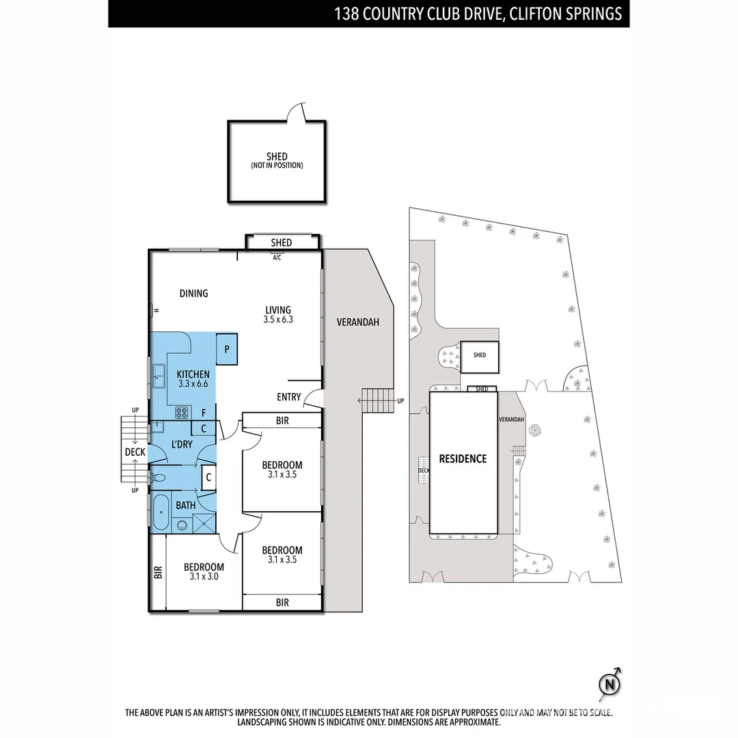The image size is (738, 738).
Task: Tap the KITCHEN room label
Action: click(193, 379)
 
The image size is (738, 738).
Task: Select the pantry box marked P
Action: click(226, 348)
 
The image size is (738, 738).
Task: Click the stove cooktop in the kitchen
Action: click(182, 412)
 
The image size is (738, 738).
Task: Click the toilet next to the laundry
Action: click(159, 478)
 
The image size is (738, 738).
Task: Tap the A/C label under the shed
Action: click(277, 258)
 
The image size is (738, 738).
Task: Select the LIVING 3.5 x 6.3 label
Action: click(277, 314)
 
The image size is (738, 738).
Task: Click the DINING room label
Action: click(193, 293)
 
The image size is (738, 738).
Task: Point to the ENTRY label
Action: click(288, 397)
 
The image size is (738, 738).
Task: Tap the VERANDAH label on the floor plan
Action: click(357, 322)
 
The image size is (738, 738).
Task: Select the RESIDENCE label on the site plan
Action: click(463, 459)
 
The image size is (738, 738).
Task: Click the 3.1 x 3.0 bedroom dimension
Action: click(203, 577)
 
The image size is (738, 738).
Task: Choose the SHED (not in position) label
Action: click(277, 161)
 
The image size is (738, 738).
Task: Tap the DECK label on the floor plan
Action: click(135, 452)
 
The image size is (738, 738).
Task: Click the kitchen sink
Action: click(159, 372)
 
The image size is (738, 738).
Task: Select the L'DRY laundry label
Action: click(182, 444)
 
